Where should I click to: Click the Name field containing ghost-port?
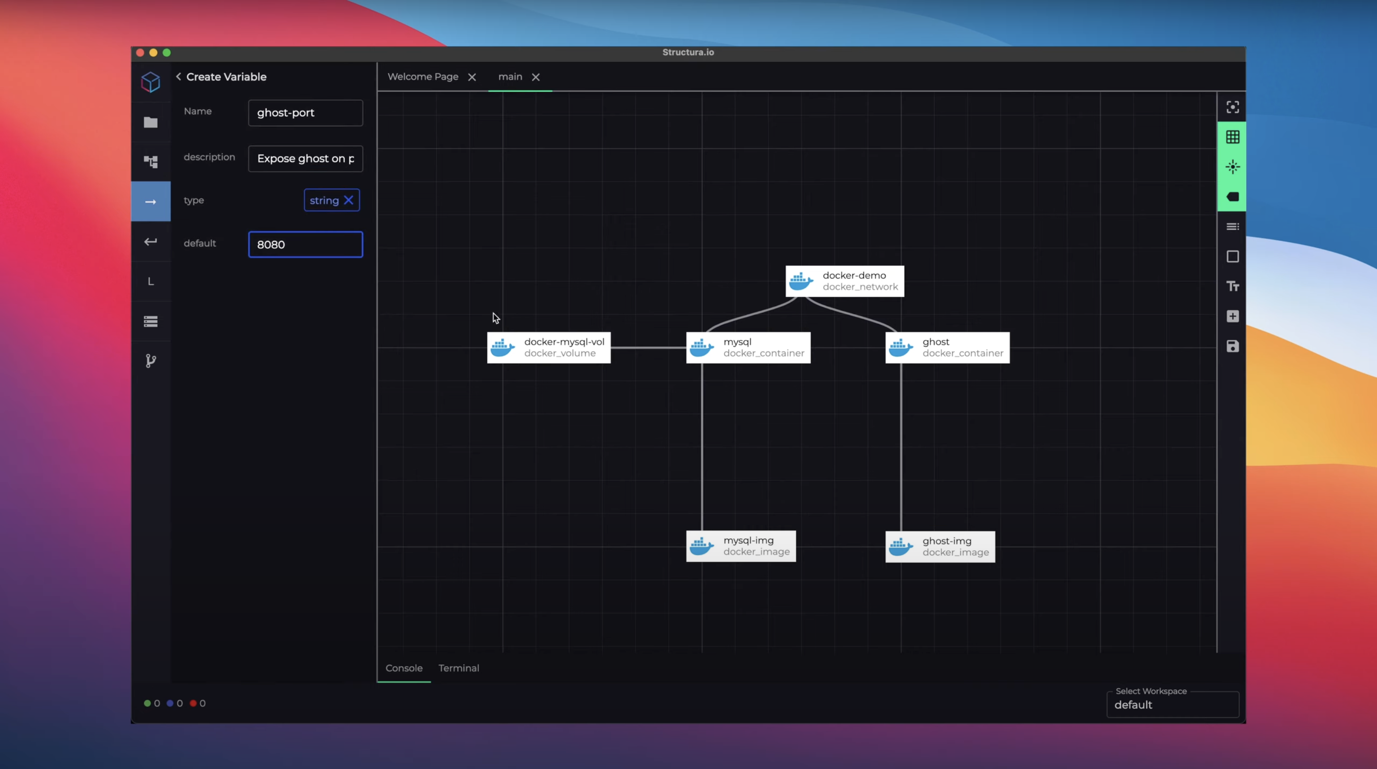click(x=305, y=113)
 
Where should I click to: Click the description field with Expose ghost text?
click(x=305, y=159)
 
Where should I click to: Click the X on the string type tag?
click(x=349, y=200)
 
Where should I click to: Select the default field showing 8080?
click(x=305, y=244)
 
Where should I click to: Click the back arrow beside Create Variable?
click(x=178, y=77)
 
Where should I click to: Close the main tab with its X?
click(x=535, y=77)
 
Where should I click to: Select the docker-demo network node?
click(x=845, y=281)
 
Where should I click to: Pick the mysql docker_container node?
click(x=748, y=347)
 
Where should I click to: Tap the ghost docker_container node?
click(x=947, y=347)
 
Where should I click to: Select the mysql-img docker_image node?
click(x=741, y=546)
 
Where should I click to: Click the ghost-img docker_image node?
click(x=940, y=546)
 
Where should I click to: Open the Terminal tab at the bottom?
click(x=459, y=668)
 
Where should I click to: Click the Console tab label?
click(x=404, y=668)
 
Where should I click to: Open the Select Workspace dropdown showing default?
click(x=1172, y=704)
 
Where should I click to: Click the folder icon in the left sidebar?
click(x=151, y=122)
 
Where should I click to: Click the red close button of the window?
click(x=140, y=52)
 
